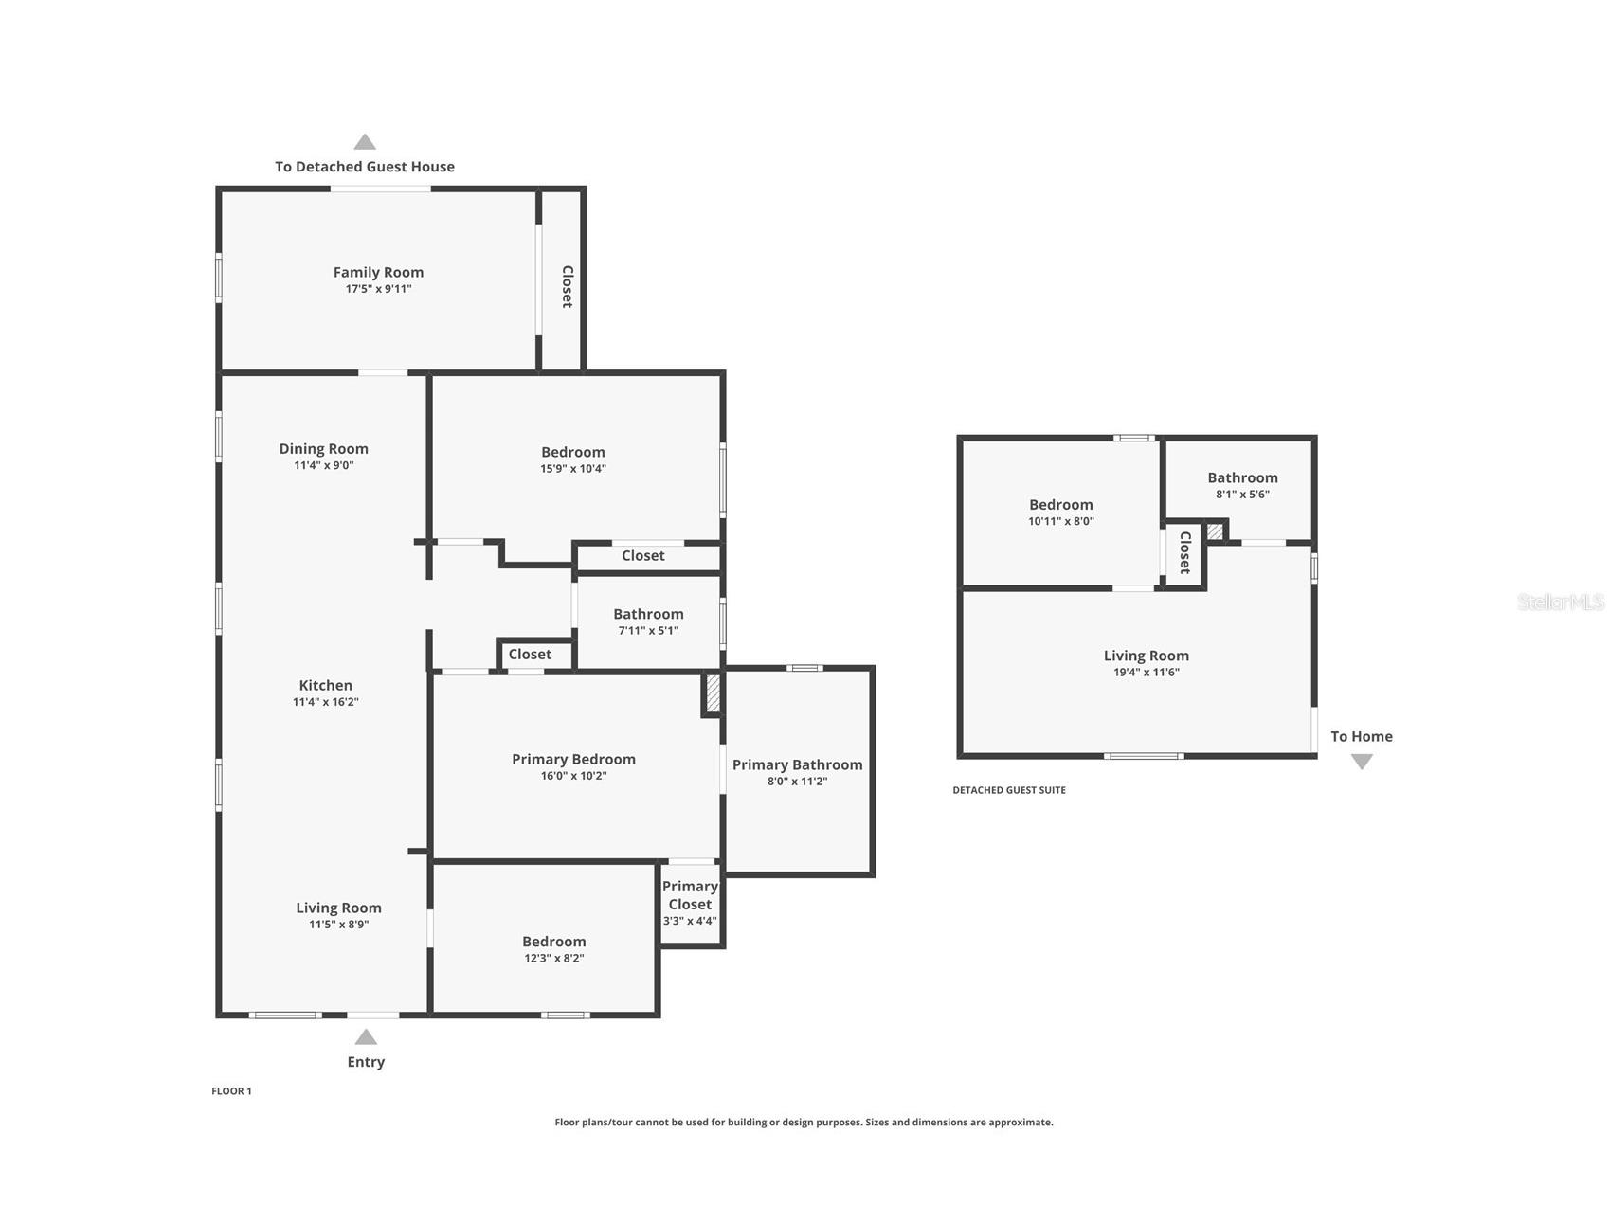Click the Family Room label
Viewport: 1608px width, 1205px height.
pyautogui.click(x=378, y=273)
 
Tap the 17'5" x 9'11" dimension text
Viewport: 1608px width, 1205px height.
pyautogui.click(x=378, y=289)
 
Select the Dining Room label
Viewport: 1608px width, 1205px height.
pyautogui.click(x=323, y=449)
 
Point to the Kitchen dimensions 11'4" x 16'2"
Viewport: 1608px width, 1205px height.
pyautogui.click(x=325, y=702)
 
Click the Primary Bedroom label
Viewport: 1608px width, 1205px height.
pyautogui.click(x=573, y=760)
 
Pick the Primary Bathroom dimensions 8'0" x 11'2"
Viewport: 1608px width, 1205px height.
pyautogui.click(x=797, y=782)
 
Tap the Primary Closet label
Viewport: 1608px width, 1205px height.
pyautogui.click(x=690, y=895)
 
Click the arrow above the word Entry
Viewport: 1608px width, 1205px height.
pyautogui.click(x=366, y=1037)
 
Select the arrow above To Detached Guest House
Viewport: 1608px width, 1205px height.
pyautogui.click(x=365, y=142)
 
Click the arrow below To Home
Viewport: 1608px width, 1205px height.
pyautogui.click(x=1362, y=762)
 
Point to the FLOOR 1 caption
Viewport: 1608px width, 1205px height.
pyautogui.click(x=231, y=1091)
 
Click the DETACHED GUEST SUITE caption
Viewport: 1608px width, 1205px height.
pyautogui.click(x=1009, y=790)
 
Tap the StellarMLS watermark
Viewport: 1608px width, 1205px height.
pyautogui.click(x=1561, y=602)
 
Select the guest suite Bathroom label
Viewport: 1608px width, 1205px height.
pyautogui.click(x=1242, y=478)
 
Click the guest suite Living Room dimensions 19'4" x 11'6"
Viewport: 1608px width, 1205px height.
pyautogui.click(x=1147, y=673)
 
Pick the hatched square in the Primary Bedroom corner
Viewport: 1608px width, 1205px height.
pyautogui.click(x=712, y=693)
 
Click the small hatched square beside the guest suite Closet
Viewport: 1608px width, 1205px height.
pyautogui.click(x=1216, y=531)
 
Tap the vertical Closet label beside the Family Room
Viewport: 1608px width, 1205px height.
pyautogui.click(x=568, y=286)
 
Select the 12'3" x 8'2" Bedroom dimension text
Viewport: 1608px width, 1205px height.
pyautogui.click(x=553, y=959)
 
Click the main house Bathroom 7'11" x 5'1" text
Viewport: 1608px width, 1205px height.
pyautogui.click(x=648, y=631)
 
